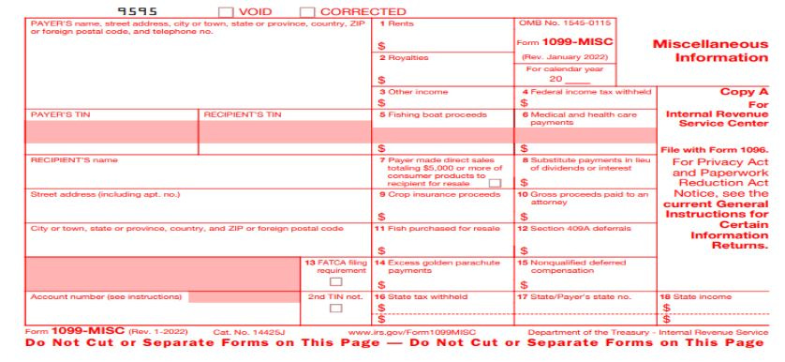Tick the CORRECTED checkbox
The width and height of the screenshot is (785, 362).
click(306, 11)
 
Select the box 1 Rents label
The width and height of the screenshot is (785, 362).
click(393, 21)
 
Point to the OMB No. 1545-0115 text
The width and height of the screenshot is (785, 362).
click(553, 21)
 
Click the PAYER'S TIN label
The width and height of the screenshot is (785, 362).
click(52, 114)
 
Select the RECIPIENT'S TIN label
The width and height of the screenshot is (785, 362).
click(242, 114)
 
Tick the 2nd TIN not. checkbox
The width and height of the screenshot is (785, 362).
click(334, 309)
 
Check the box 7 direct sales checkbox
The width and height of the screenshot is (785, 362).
click(494, 183)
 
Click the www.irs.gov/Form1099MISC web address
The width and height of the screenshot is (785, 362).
click(411, 332)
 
